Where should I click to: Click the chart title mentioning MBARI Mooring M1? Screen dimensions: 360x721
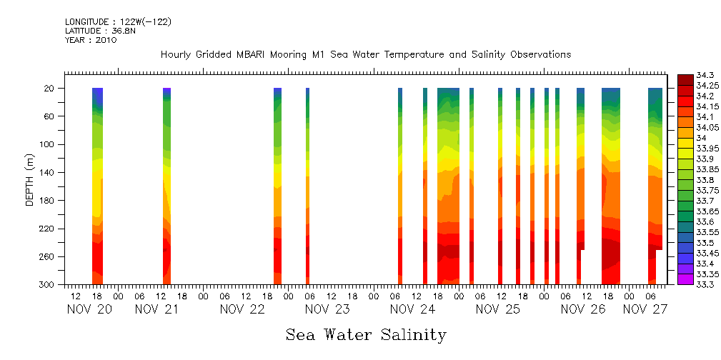pos(365,54)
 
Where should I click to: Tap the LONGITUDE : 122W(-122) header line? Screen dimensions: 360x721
pos(118,22)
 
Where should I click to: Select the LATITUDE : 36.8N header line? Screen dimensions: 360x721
pos(99,31)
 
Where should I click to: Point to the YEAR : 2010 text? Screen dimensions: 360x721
pos(91,40)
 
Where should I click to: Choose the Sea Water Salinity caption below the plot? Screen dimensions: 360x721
pos(366,334)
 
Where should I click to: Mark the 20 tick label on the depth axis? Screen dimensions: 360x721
pos(50,89)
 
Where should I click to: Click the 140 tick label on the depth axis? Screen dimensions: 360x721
pos(48,172)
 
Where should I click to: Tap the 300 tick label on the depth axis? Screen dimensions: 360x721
pos(48,284)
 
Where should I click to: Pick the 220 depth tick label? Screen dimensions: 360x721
pos(48,229)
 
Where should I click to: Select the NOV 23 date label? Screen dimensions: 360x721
pos(327,309)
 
